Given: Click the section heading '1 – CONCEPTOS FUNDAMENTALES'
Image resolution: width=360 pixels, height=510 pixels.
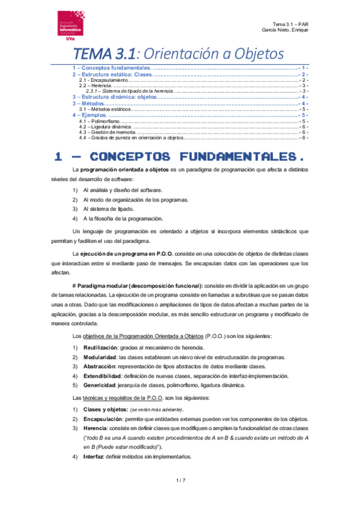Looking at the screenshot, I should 195,157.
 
